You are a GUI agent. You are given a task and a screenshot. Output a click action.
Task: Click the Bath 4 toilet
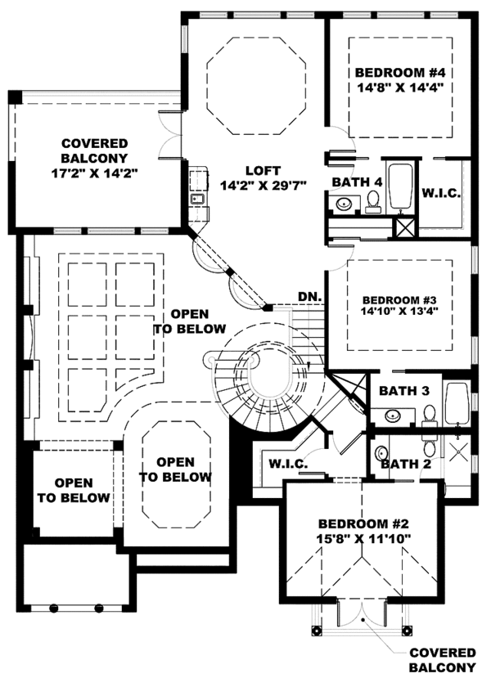coord(373,200)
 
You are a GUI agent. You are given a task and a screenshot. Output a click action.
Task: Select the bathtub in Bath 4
coord(402,187)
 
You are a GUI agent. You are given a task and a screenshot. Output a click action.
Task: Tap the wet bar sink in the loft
coord(196,199)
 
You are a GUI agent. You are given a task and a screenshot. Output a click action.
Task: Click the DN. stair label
coord(308,296)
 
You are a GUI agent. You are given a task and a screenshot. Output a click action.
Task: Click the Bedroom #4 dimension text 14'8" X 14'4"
coord(400,90)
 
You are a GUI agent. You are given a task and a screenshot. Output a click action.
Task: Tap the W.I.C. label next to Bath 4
coord(441,193)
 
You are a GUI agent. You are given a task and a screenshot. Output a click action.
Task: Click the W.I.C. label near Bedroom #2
coord(287,465)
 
